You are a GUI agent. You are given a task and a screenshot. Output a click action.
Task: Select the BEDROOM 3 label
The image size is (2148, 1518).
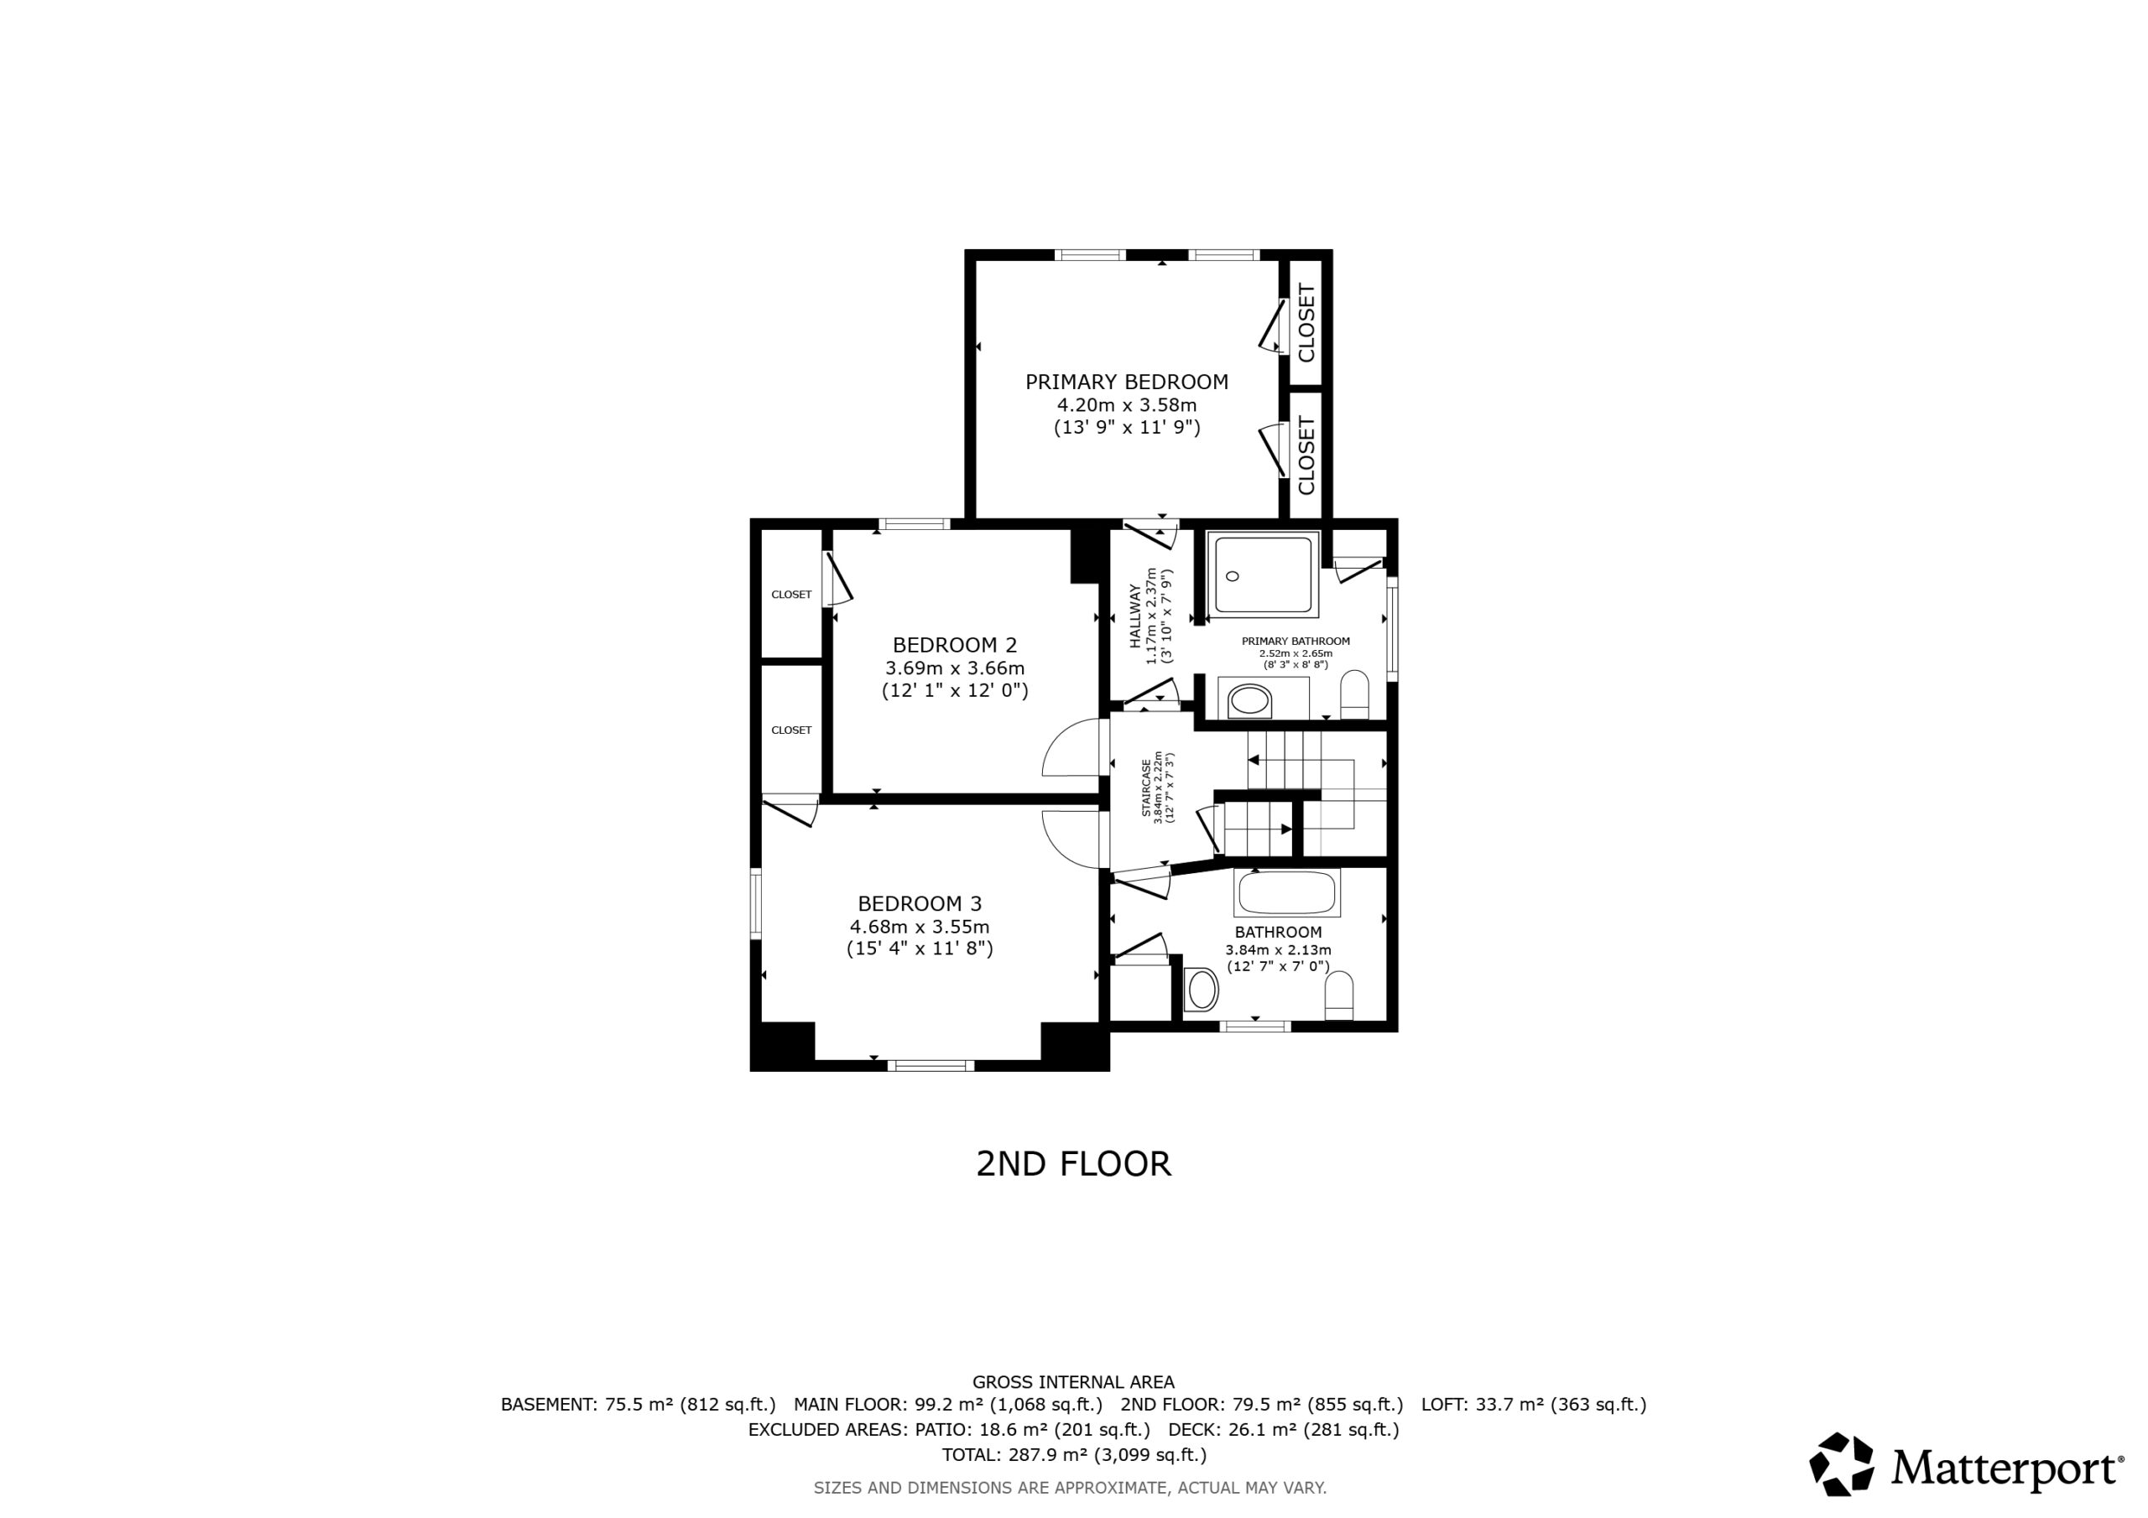(920, 903)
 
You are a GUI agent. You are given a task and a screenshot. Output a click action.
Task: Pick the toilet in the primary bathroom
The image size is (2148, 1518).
(1353, 694)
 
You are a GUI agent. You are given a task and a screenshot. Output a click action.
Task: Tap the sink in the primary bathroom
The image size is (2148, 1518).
(1250, 700)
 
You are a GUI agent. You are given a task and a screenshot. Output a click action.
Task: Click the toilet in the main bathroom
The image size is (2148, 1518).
(1340, 996)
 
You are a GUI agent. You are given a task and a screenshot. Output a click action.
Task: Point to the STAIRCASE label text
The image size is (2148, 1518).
(1146, 788)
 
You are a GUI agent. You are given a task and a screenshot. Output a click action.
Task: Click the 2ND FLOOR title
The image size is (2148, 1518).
(1073, 1163)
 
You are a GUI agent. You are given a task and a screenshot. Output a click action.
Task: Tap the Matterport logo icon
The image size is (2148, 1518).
(1841, 1463)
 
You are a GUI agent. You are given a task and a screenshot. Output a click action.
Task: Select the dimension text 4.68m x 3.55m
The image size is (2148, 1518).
(920, 927)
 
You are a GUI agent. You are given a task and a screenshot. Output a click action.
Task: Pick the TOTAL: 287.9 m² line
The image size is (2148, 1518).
(1074, 1454)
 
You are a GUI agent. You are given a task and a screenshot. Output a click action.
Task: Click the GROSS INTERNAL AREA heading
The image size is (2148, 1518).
(1074, 1381)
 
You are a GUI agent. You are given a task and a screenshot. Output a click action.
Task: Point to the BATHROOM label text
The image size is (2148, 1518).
(1278, 933)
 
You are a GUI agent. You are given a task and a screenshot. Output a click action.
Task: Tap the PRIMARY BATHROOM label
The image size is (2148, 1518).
(1296, 641)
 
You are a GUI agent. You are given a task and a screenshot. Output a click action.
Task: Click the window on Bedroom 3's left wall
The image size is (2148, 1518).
(756, 903)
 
